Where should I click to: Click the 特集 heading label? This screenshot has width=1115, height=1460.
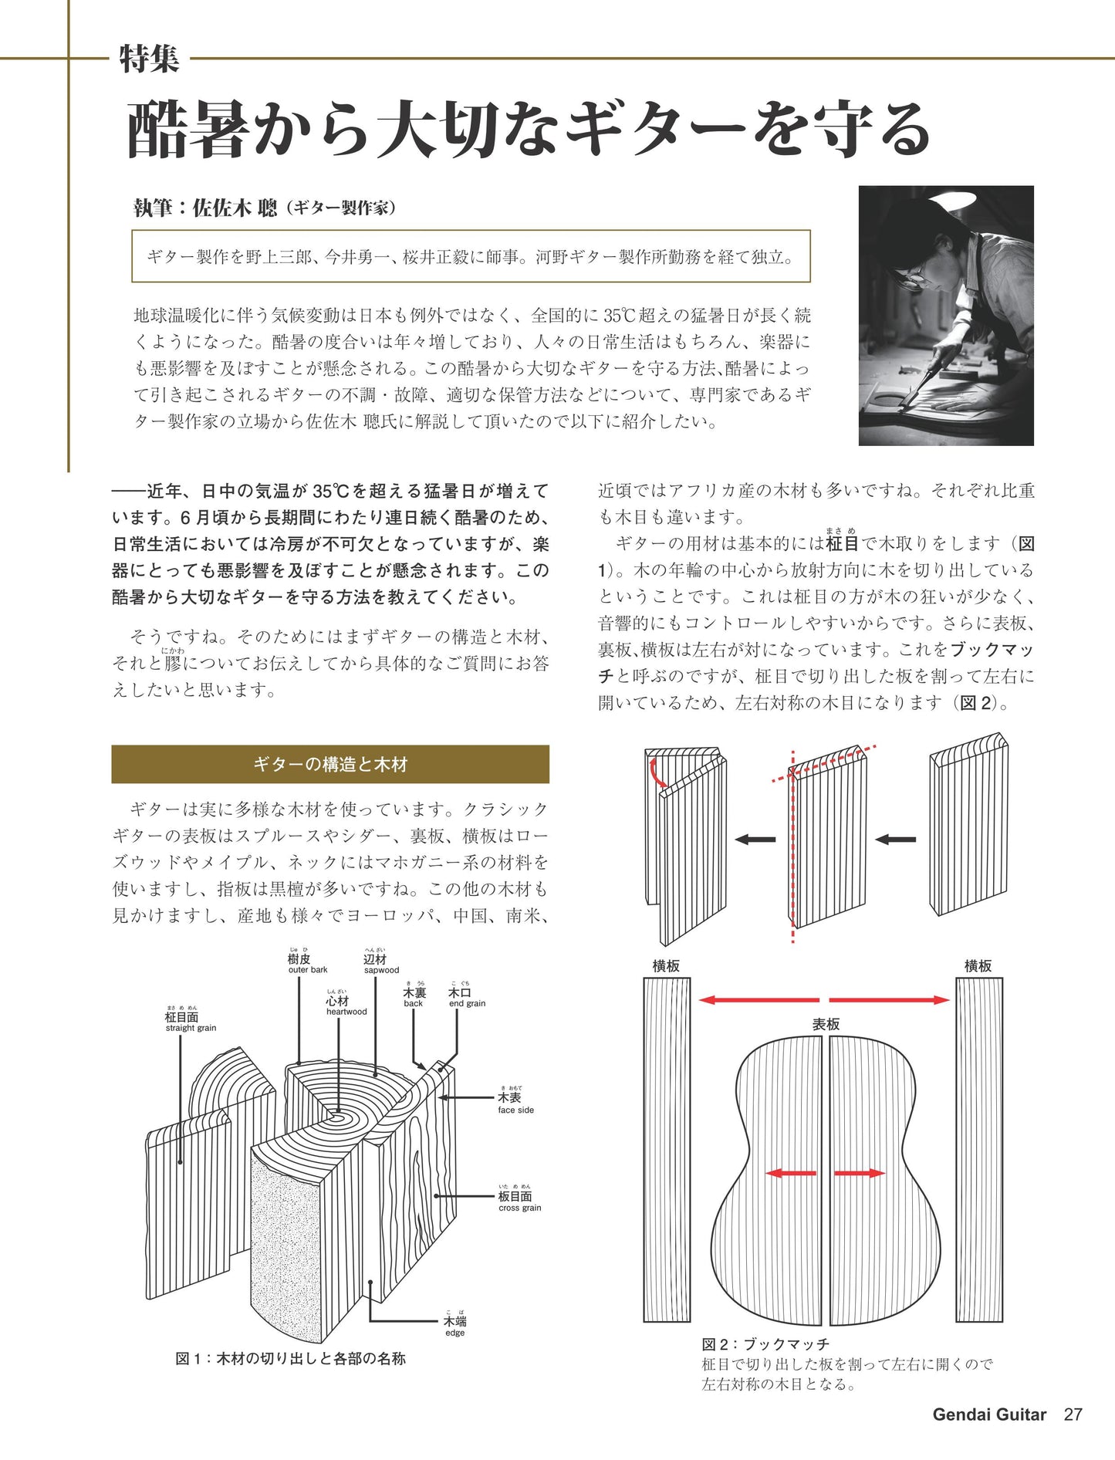click(x=149, y=59)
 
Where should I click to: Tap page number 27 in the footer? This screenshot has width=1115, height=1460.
click(x=1073, y=1414)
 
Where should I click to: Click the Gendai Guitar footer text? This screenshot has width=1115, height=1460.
click(x=988, y=1414)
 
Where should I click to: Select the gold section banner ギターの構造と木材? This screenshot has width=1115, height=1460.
click(x=330, y=764)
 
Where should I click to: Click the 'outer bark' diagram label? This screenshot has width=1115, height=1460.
click(x=307, y=970)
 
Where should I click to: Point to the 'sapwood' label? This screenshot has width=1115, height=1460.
click(x=381, y=970)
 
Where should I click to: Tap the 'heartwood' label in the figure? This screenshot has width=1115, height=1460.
click(x=346, y=1012)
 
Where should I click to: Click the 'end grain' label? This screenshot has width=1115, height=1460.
click(x=467, y=1003)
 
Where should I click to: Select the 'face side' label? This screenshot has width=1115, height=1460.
click(x=515, y=1110)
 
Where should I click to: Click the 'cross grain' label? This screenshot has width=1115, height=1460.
click(x=519, y=1208)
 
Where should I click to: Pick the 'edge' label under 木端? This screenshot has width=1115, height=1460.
click(x=454, y=1333)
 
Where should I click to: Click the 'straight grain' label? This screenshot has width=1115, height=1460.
click(x=191, y=1028)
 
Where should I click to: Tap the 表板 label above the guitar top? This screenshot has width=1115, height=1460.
click(x=825, y=1024)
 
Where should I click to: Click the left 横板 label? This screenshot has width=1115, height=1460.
click(x=666, y=965)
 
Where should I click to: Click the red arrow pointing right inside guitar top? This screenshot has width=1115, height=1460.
click(x=858, y=1173)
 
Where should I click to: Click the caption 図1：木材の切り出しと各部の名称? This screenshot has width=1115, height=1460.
click(x=290, y=1358)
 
